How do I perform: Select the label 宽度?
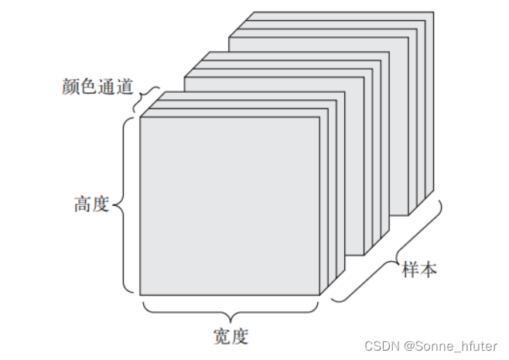[x=231, y=337]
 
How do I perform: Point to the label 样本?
[x=420, y=270]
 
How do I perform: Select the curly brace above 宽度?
[x=231, y=313]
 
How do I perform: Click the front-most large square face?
[x=229, y=205]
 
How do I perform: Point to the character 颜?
[x=70, y=84]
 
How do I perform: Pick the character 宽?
[x=221, y=337]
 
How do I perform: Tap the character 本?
[x=429, y=270]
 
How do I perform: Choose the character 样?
[x=411, y=270]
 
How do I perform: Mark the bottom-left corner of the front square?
[x=140, y=294]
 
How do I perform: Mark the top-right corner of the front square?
[x=319, y=118]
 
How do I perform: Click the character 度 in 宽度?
[x=240, y=337]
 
